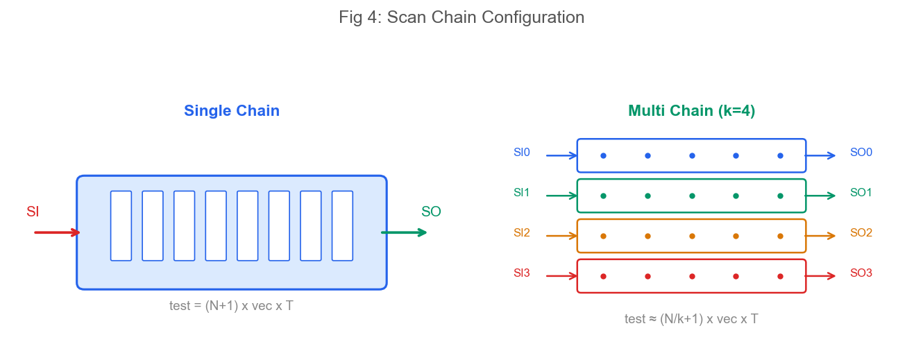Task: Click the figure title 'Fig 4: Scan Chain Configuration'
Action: [461, 17]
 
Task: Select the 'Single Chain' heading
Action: [232, 110]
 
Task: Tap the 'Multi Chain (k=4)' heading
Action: [691, 110]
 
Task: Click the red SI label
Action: [33, 212]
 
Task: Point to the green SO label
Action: [431, 212]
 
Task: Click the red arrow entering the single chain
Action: [57, 233]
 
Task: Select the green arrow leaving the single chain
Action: [404, 233]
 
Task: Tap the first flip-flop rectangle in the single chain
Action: [121, 225]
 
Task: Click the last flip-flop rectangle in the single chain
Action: [342, 225]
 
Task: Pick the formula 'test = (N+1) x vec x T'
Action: [231, 306]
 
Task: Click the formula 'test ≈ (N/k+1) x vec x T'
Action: [691, 319]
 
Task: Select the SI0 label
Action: [522, 152]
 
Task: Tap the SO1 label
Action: [861, 192]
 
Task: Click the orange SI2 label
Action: [522, 233]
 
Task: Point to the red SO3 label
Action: [861, 273]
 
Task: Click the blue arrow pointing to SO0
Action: [820, 155]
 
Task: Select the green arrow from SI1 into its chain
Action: [561, 196]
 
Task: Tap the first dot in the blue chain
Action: [603, 155]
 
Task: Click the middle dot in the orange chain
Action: [693, 236]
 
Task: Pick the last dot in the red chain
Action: [781, 276]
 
